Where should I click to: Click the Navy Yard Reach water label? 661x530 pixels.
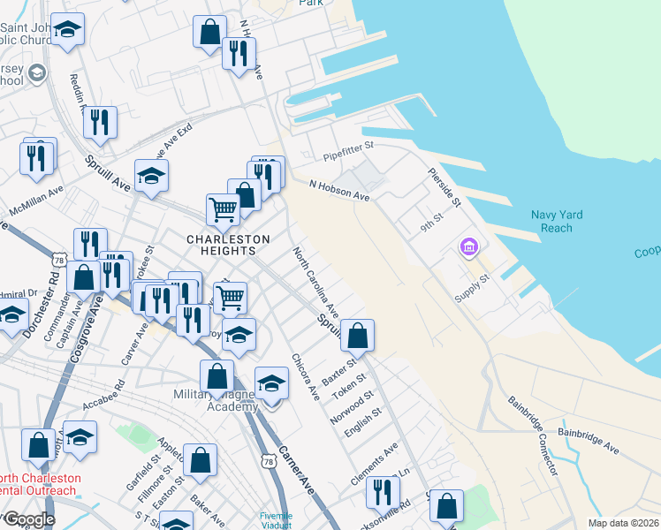pyautogui.click(x=564, y=222)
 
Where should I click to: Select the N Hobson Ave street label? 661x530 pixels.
pyautogui.click(x=338, y=190)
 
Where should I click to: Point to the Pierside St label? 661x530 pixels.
pyautogui.click(x=444, y=188)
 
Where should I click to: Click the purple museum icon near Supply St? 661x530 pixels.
pyautogui.click(x=468, y=248)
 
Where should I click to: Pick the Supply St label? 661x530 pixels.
pyautogui.click(x=472, y=284)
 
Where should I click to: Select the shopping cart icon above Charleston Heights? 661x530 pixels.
pyautogui.click(x=223, y=209)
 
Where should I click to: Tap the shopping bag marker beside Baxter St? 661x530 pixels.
pyautogui.click(x=357, y=336)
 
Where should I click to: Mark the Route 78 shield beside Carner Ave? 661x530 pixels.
pyautogui.click(x=269, y=461)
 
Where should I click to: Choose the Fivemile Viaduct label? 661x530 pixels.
pyautogui.click(x=276, y=520)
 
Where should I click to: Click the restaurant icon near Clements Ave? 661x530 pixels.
pyautogui.click(x=381, y=490)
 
